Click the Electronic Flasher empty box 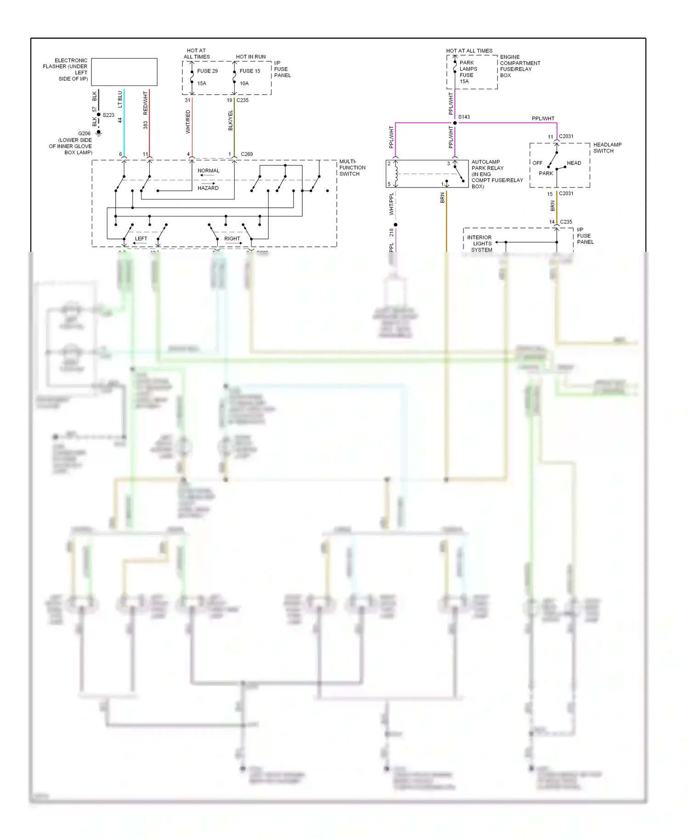(124, 72)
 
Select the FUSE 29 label (207, 71)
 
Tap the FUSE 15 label (249, 71)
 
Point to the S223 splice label (108, 115)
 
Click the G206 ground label (84, 134)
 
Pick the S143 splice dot (455, 123)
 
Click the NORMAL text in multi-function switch (208, 171)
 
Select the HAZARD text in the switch (208, 188)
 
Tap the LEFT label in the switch (141, 239)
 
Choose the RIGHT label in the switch (232, 239)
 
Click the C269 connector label (247, 154)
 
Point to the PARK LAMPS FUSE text (468, 69)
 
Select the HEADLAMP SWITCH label (607, 148)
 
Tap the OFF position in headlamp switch (537, 163)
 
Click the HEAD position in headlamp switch (574, 163)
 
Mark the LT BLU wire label (120, 99)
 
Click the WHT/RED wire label (188, 122)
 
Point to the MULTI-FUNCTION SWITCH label (352, 168)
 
